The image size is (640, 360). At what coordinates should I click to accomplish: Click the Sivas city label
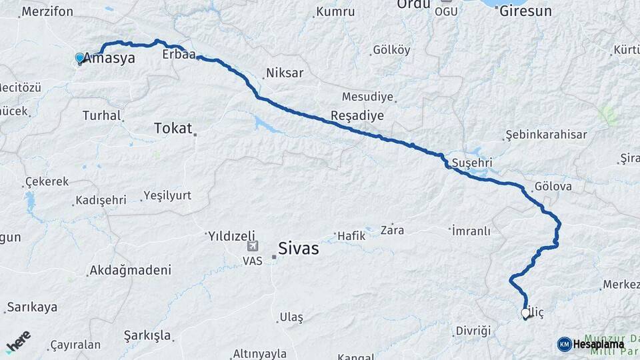coord(298,249)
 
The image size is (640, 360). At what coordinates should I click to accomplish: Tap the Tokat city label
coord(173,128)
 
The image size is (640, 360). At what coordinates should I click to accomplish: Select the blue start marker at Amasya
coord(80,59)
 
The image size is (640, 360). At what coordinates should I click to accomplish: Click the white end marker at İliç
coord(525,313)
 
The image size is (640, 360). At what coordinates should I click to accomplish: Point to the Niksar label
coord(285,73)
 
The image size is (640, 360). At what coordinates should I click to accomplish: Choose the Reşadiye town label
coord(357,115)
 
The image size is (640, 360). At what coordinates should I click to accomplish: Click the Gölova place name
coord(553,187)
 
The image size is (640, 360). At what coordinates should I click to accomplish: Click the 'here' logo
coord(18,341)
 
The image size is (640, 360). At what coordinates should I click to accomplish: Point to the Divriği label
coord(473,331)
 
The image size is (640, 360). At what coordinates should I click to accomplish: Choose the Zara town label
coord(391,230)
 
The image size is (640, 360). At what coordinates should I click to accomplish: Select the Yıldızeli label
coord(231,235)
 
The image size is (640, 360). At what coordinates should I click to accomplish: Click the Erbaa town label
coord(179,55)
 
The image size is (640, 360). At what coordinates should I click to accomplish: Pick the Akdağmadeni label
coord(130,271)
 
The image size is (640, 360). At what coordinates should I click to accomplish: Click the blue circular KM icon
coord(564,344)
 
